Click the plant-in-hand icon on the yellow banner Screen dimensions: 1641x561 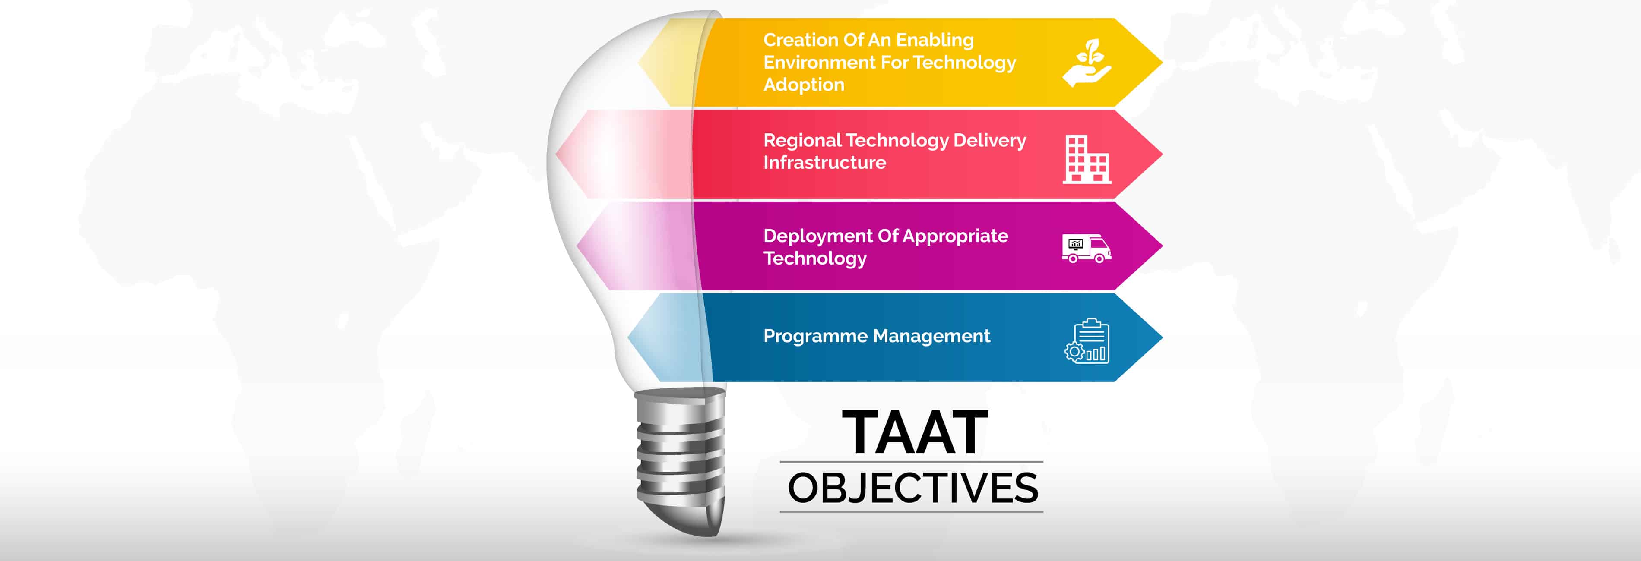(1087, 63)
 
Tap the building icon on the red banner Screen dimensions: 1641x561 (1087, 159)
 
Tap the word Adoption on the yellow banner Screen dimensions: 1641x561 (804, 85)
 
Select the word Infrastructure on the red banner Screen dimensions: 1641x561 (825, 162)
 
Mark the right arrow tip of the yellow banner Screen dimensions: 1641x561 (1163, 63)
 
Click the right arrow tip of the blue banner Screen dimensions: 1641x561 (1163, 337)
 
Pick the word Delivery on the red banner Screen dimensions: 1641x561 (989, 140)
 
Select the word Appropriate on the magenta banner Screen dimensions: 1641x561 (956, 236)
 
